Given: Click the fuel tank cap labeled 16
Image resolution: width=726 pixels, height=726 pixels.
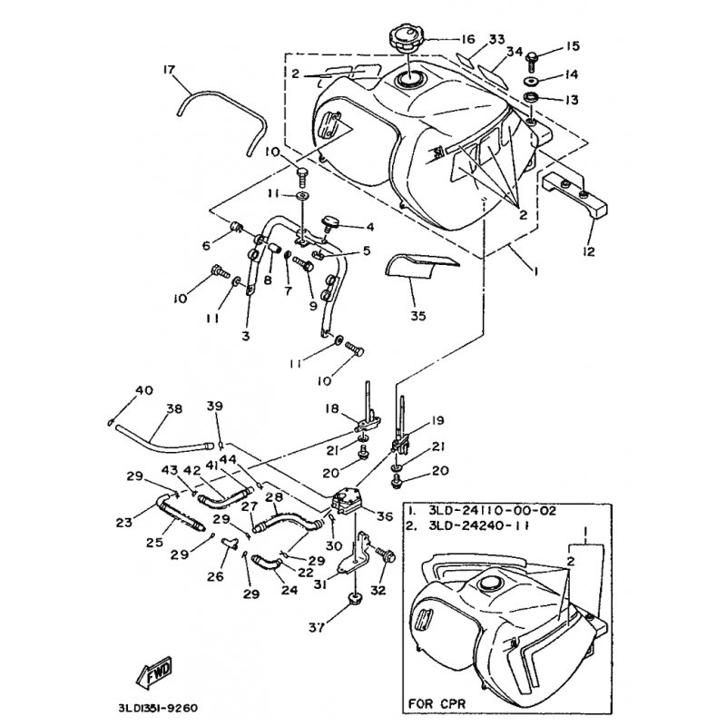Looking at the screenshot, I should [x=405, y=41].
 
